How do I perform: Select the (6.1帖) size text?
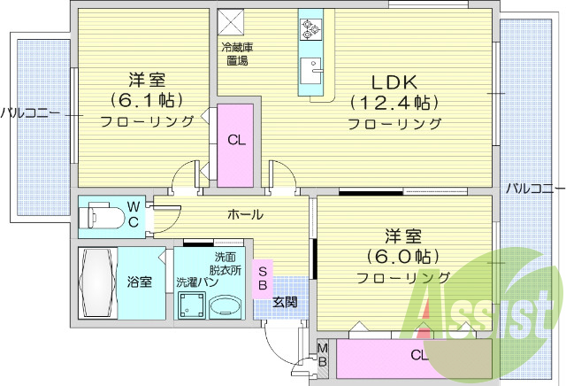coord(147,98)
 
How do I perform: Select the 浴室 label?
coord(139,282)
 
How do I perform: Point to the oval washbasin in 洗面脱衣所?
coord(224,306)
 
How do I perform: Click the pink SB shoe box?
coord(264,277)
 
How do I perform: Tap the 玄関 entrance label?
coord(285,302)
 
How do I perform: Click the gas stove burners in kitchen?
coord(311,29)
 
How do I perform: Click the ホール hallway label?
coord(245,214)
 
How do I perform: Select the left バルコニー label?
coord(29,113)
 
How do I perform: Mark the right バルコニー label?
coord(535,188)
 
